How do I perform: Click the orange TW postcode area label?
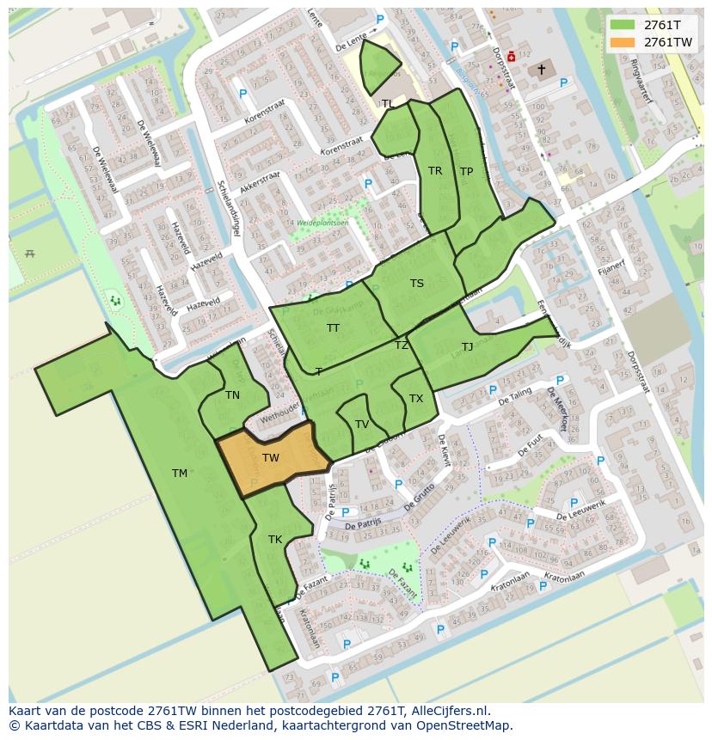pyautogui.click(x=270, y=457)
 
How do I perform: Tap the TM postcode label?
pyautogui.click(x=179, y=474)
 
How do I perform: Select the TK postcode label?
pyautogui.click(x=275, y=540)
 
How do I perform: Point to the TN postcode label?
pyautogui.click(x=232, y=395)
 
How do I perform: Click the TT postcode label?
pyautogui.click(x=333, y=328)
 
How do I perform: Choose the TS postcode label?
pyautogui.click(x=417, y=284)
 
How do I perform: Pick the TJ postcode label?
pyautogui.click(x=467, y=347)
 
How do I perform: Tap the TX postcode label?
pyautogui.click(x=416, y=399)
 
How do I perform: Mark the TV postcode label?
pyautogui.click(x=362, y=425)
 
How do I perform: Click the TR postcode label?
pyautogui.click(x=435, y=171)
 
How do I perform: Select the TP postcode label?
pyautogui.click(x=466, y=172)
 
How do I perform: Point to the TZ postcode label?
pyautogui.click(x=402, y=346)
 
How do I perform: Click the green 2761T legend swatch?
pyautogui.click(x=623, y=25)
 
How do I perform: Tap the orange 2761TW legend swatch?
pyautogui.click(x=623, y=42)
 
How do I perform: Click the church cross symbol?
pyautogui.click(x=542, y=69)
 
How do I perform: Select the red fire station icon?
pyautogui.click(x=512, y=57)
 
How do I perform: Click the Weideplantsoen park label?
pyautogui.click(x=322, y=222)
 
